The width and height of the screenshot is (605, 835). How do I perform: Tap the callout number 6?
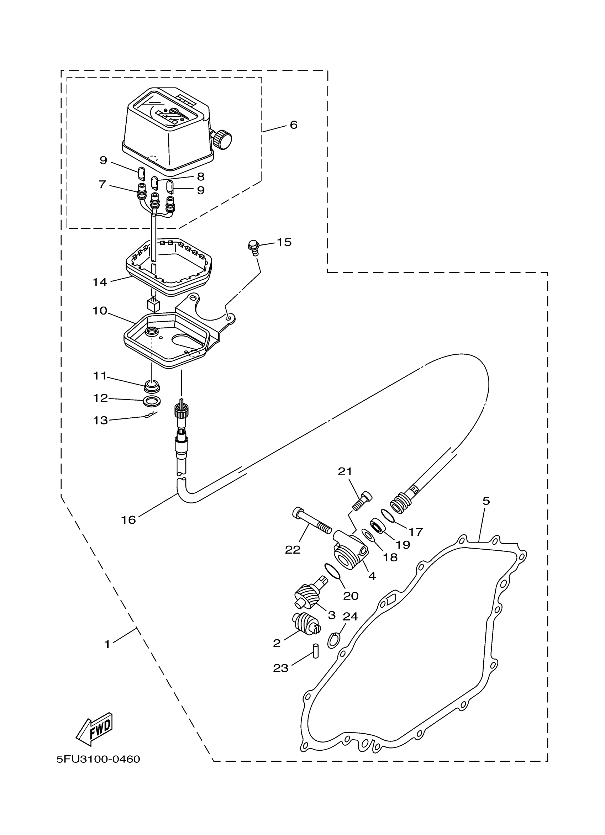coord(293,125)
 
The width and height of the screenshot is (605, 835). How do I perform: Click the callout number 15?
coord(284,242)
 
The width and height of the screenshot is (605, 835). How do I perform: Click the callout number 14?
coord(99,282)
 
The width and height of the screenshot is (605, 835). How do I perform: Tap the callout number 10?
coord(99,311)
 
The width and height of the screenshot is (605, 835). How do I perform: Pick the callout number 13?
coord(100,420)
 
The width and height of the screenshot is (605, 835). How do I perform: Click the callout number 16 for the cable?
coord(128,519)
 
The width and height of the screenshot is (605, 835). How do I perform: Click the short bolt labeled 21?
coord(362,501)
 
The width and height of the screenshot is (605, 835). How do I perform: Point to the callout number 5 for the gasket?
coord(486,501)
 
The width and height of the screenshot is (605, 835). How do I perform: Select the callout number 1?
coord(107,644)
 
